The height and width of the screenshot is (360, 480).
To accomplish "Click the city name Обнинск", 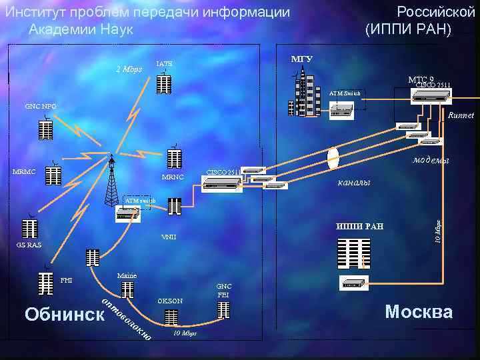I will click(x=64, y=313).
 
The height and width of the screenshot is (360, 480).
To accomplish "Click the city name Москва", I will click(x=419, y=311).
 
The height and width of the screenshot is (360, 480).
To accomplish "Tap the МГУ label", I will click(x=301, y=59).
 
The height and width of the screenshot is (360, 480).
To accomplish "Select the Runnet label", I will click(x=461, y=115).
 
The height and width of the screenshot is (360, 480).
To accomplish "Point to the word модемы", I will click(x=431, y=160).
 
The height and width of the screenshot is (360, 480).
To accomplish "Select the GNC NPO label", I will click(x=40, y=106).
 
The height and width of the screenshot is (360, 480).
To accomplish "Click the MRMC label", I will click(x=24, y=172).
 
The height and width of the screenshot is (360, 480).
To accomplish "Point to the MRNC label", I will click(x=173, y=177).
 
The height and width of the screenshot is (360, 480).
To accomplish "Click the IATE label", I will click(x=163, y=64).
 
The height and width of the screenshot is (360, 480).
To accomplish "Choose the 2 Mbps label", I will click(x=129, y=69).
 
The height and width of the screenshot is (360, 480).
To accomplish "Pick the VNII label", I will click(x=169, y=237).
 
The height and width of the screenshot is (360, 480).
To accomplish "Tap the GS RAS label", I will click(x=29, y=245).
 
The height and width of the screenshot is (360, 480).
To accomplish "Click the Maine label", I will click(x=126, y=275).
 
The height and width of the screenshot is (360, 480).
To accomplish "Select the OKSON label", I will click(x=170, y=301).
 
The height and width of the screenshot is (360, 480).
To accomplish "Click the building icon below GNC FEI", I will click(x=223, y=309).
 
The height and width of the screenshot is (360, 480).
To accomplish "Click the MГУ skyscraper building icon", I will click(x=299, y=97).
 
